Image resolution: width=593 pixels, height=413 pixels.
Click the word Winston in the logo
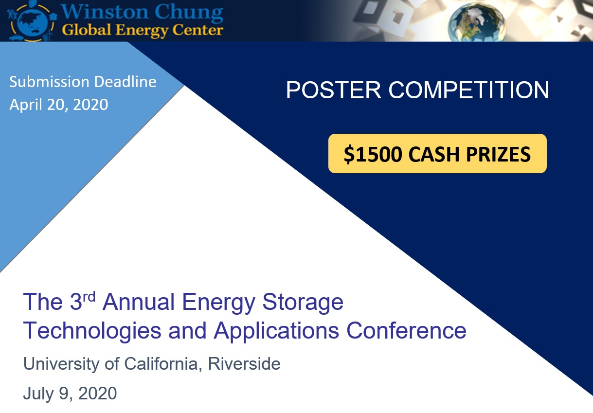[x=105, y=12]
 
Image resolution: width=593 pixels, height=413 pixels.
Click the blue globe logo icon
[x=31, y=21]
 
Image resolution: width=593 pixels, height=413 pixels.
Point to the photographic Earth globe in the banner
[x=477, y=22]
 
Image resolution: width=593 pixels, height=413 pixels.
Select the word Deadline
[x=125, y=82]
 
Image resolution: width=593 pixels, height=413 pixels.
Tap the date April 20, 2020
[x=59, y=104]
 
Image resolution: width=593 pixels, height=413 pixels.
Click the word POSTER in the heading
[x=334, y=90]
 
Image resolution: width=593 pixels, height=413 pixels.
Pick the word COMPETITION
[x=469, y=90]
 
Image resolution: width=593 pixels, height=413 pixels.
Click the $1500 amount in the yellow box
[x=373, y=154]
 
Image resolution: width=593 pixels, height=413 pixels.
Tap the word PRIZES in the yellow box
[x=498, y=154]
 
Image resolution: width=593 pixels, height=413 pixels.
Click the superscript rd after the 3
[x=89, y=297]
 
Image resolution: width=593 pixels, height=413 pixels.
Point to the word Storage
[x=303, y=304]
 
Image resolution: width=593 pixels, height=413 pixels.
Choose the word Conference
[x=406, y=330]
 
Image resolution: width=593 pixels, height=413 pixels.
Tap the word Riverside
[x=244, y=364]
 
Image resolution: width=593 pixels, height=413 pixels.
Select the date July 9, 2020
[x=70, y=394]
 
